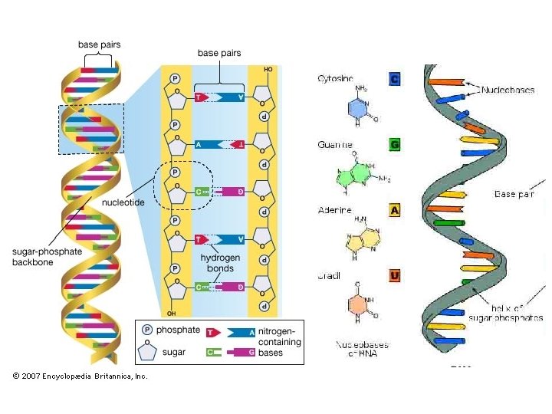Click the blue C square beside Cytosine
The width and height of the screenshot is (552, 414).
pos(395,78)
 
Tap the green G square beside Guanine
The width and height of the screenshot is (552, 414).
pos(395,143)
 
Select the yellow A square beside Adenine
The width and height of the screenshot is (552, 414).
pos(395,209)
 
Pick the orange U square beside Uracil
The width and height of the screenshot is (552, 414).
pos(395,274)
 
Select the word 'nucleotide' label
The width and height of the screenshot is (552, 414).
pos(123,203)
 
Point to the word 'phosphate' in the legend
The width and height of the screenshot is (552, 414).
pos(177,330)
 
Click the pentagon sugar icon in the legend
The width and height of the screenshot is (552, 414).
pos(147,352)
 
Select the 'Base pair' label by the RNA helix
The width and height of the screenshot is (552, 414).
pos(514,194)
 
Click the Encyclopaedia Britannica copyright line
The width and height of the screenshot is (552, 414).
pos(79,376)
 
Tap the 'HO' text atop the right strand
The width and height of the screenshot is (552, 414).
pos(267,68)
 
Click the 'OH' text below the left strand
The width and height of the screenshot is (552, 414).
pos(172,312)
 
